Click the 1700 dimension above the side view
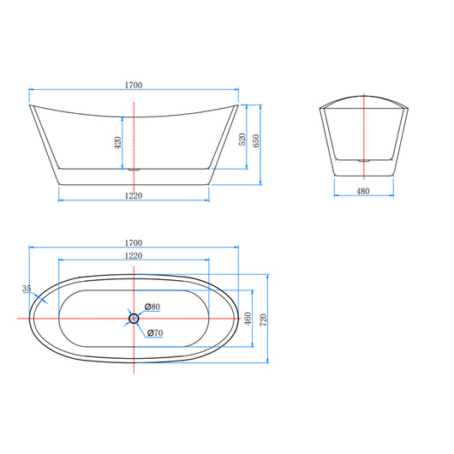pyautogui.click(x=133, y=85)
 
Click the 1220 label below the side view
pyautogui.click(x=133, y=196)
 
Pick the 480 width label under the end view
pyautogui.click(x=362, y=191)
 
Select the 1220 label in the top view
pyautogui.click(x=133, y=256)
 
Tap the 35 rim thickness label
pyautogui.click(x=27, y=290)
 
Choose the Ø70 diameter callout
pyautogui.click(x=155, y=332)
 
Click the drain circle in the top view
pyautogui.click(x=134, y=319)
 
